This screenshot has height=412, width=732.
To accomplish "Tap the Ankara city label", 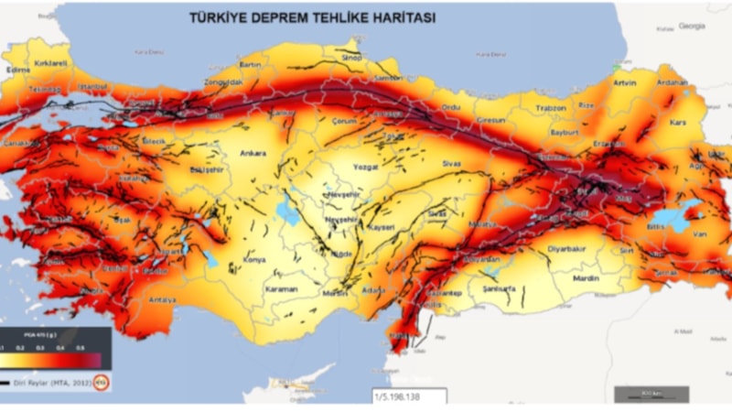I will [x=253, y=153].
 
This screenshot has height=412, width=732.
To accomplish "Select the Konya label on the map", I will [x=254, y=260].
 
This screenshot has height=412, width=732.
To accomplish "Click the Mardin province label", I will [x=585, y=276].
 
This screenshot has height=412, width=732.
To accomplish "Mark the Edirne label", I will [x=17, y=68].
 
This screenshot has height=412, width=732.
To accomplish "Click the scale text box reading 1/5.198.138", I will [x=408, y=396].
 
